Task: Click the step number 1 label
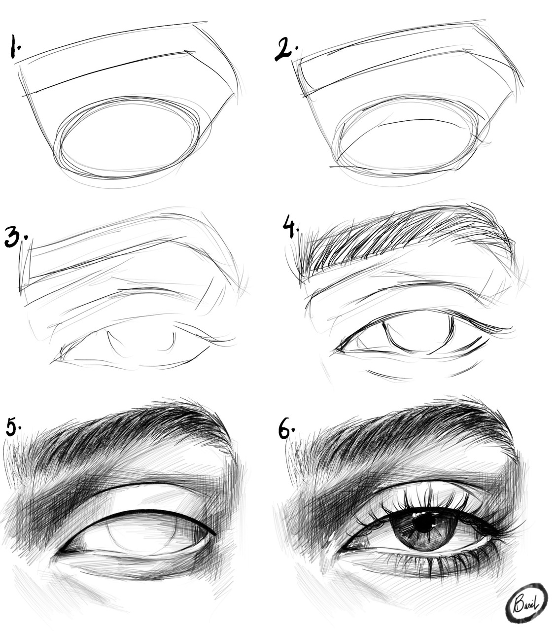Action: pos(15,46)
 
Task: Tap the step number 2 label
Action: pos(286,49)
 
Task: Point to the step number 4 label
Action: pos(291,227)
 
